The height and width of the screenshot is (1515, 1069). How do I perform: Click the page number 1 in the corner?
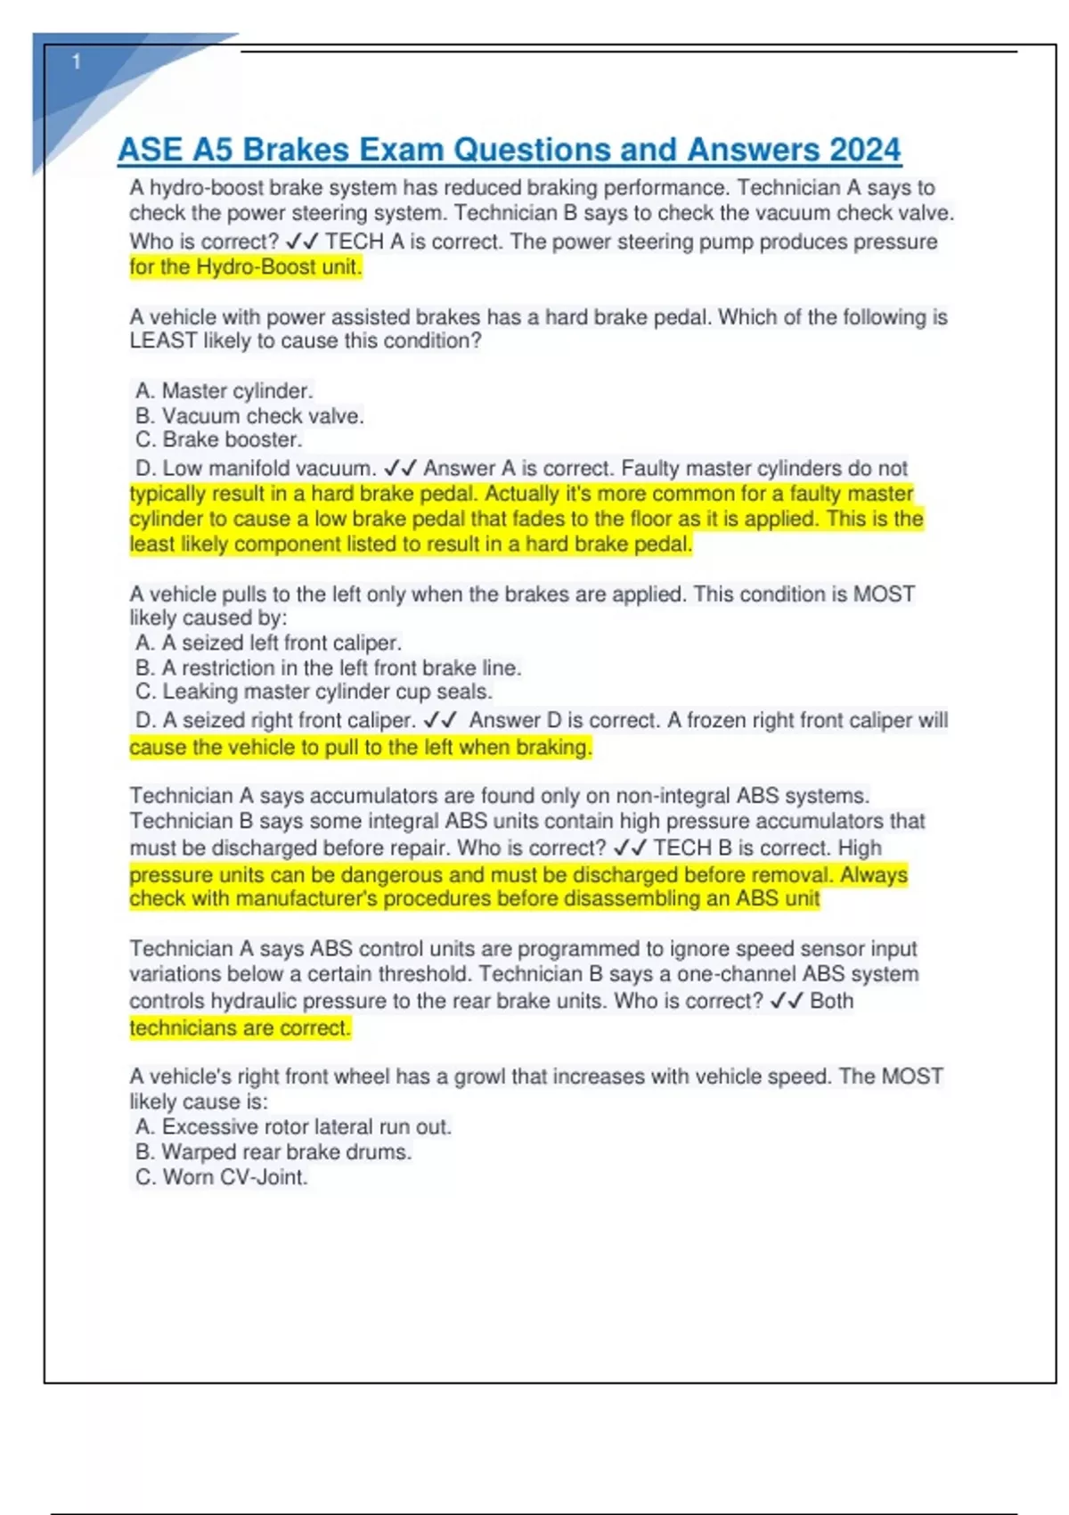coord(77,61)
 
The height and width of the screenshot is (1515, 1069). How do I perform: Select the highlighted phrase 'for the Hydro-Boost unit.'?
coord(246,267)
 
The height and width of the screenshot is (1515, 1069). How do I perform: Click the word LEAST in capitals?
coord(163,340)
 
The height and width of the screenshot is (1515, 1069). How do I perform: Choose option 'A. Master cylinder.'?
coord(224,390)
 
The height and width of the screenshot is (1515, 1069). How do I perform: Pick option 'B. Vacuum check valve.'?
coord(249,415)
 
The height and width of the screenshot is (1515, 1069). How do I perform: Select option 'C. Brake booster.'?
coord(218,439)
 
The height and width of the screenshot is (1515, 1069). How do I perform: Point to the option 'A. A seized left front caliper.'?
coord(268,643)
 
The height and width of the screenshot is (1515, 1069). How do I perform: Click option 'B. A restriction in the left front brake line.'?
coord(328,667)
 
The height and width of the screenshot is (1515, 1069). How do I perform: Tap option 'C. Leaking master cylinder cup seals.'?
coord(314,692)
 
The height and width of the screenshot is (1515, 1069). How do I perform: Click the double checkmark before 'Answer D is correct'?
coord(440,720)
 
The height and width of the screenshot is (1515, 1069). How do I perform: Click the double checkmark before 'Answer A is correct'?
coord(400,468)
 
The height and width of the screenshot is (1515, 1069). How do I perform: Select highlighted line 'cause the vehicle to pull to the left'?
coord(360,747)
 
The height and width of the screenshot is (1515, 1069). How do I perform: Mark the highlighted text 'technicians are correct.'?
coord(241,1028)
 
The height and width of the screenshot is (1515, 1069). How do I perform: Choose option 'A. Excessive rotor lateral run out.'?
coord(293,1126)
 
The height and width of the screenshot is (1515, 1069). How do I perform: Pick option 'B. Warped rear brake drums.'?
coord(273,1151)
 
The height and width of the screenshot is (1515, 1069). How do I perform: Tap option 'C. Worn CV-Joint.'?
coord(221,1176)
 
